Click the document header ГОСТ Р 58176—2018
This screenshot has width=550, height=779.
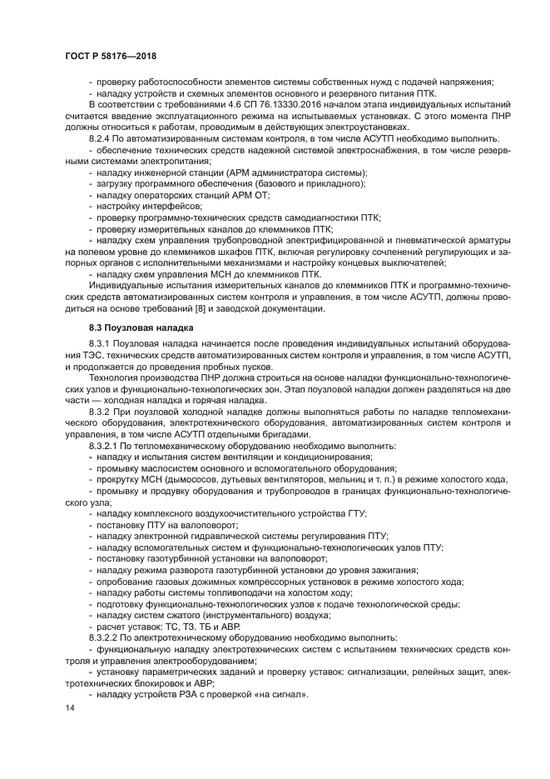tap(110, 56)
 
